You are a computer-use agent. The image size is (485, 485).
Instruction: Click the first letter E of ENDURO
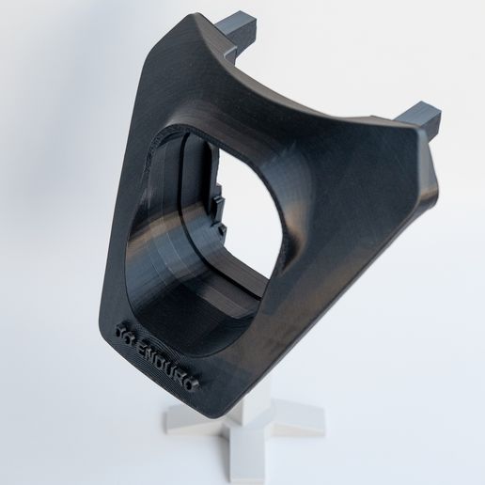141,341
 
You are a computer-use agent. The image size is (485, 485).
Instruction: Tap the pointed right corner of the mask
434,179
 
